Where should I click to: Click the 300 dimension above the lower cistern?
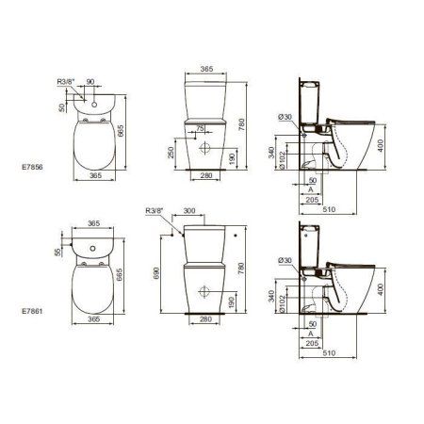click(x=189, y=211)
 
